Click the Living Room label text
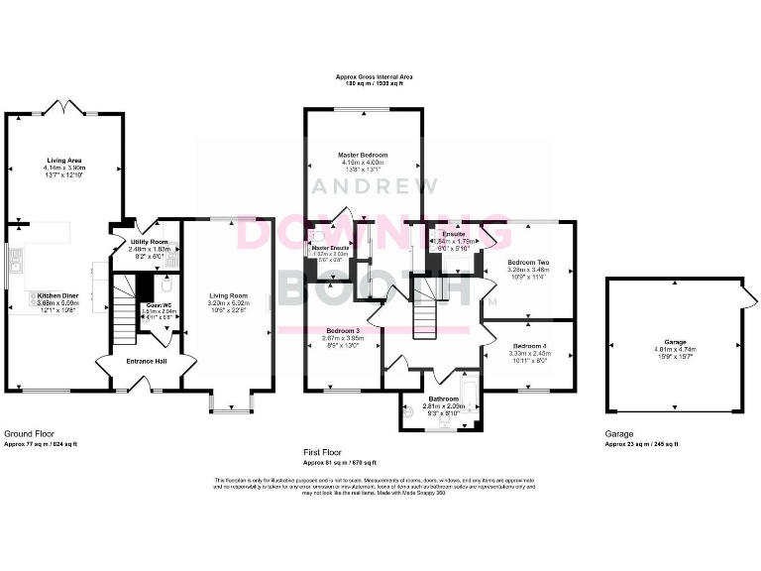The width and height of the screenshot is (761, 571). pyautogui.click(x=227, y=294)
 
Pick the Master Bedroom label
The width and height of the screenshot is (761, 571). pyautogui.click(x=362, y=155)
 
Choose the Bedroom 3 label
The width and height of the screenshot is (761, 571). pyautogui.click(x=344, y=330)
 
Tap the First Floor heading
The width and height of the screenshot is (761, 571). pyautogui.click(x=326, y=452)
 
